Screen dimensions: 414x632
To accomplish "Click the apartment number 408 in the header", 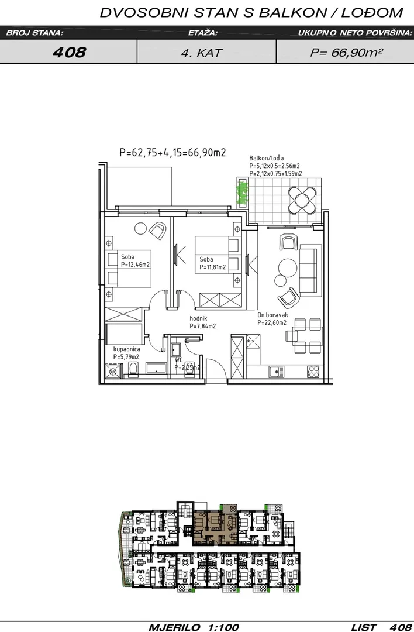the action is [x=69, y=52].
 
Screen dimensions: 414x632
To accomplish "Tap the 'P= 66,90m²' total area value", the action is [x=346, y=53].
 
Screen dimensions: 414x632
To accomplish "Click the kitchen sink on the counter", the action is [x=276, y=372].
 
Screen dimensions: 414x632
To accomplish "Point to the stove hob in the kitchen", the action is [x=313, y=372].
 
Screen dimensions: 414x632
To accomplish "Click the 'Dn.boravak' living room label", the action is [x=272, y=315].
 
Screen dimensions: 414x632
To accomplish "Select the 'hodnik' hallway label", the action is [x=198, y=318].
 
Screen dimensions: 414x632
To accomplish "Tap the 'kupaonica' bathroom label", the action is [x=126, y=349].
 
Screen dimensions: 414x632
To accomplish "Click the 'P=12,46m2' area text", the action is [x=135, y=265].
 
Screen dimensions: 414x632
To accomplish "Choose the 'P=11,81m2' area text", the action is [x=213, y=267].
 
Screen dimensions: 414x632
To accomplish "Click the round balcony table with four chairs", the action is [x=302, y=199].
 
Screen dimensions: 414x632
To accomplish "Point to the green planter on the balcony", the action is [x=242, y=193].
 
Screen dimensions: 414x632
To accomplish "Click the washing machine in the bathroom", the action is [x=112, y=371].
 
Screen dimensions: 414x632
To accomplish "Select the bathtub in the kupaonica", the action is [x=156, y=367].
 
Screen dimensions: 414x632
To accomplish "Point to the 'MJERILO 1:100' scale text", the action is [x=194, y=627].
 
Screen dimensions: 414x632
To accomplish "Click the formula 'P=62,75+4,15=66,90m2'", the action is [x=172, y=152].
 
